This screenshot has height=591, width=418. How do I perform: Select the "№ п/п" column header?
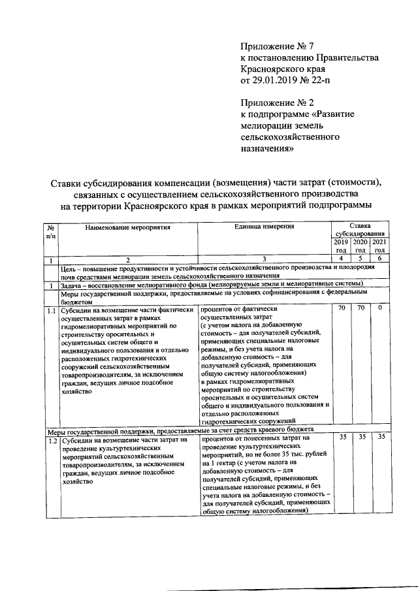click(x=50, y=231)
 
